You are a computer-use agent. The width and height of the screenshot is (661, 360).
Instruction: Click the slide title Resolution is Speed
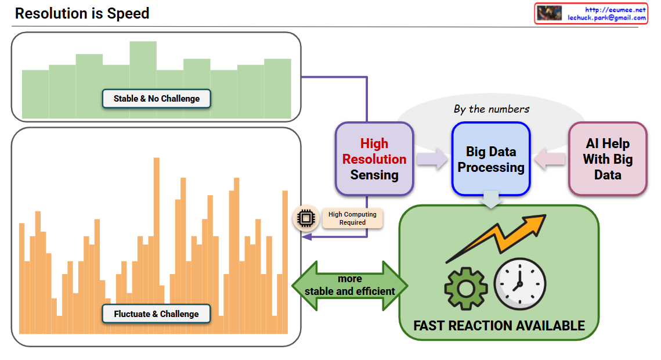click(x=82, y=13)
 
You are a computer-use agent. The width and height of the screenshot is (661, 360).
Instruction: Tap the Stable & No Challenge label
click(x=156, y=99)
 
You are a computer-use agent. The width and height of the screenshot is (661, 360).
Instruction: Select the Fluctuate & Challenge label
click(x=156, y=314)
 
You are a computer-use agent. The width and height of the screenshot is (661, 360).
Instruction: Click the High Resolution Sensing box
click(x=374, y=159)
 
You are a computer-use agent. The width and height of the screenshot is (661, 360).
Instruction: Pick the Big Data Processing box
click(x=491, y=159)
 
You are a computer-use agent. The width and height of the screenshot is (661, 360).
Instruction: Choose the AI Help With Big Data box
click(x=608, y=159)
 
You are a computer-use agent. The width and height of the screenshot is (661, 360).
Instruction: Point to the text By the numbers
click(x=492, y=109)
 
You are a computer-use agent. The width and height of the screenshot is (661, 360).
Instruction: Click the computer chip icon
click(x=305, y=218)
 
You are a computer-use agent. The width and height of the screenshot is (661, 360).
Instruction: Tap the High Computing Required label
click(x=352, y=218)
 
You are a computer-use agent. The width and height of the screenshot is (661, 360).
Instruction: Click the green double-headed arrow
click(x=349, y=285)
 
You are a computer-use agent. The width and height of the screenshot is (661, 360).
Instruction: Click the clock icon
click(x=519, y=284)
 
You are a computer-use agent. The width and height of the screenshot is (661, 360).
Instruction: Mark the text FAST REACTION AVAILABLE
click(x=499, y=325)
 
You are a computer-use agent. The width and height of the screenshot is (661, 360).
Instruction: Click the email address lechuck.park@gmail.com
click(x=606, y=18)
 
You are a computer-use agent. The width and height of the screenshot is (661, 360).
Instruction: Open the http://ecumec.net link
click(x=615, y=10)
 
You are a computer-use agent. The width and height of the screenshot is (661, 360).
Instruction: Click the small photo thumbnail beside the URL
click(x=549, y=13)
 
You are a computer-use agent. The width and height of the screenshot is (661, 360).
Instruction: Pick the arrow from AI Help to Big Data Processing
click(x=550, y=159)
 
